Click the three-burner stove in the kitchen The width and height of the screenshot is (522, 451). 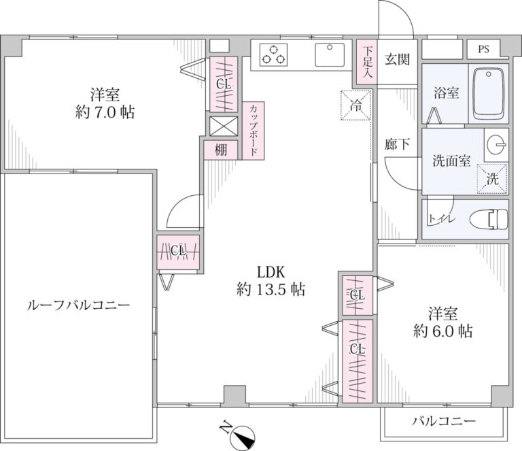tap(273, 55)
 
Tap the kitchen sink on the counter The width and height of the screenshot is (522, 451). tap(330, 54)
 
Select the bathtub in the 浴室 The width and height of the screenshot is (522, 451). tap(489, 94)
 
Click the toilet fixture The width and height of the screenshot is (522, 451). tap(489, 219)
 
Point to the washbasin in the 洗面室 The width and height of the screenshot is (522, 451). tap(497, 145)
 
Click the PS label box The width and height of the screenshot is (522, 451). tap(483, 49)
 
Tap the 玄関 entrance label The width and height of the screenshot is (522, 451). tap(397, 59)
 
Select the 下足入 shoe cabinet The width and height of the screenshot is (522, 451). tap(367, 62)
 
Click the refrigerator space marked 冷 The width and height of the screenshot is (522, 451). tap(356, 105)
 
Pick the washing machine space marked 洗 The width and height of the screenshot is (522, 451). tap(493, 178)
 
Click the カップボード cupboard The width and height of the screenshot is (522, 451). tap(254, 131)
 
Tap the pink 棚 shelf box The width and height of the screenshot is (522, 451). tap(221, 150)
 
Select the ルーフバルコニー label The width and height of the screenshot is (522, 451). tap(78, 305)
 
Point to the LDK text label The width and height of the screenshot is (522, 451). tap(271, 273)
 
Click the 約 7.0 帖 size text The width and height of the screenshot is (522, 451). tap(105, 113)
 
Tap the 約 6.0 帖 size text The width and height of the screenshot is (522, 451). tap(442, 331)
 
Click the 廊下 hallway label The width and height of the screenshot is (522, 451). tap(397, 144)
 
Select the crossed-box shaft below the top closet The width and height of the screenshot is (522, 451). tap(224, 126)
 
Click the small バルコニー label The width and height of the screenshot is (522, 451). tap(444, 421)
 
